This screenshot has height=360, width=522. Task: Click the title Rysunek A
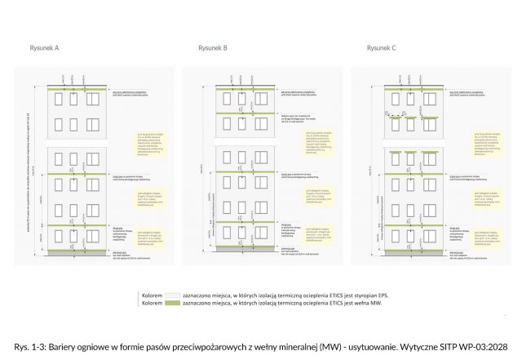[x=44, y=48]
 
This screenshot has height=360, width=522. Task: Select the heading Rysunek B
[x=213, y=48]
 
